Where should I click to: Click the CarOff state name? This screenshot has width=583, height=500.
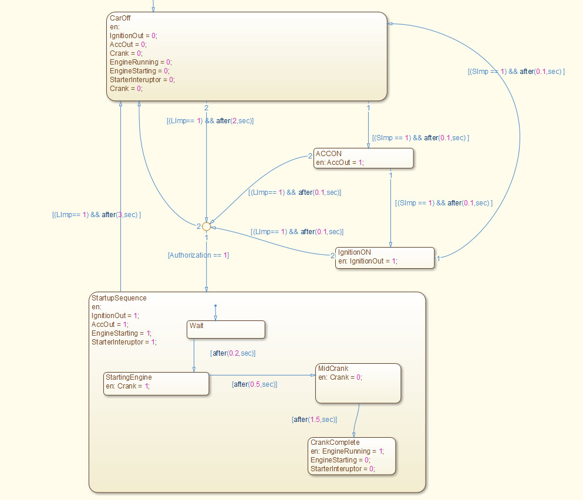click(120, 18)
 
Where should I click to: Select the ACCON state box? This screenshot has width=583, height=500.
click(363, 158)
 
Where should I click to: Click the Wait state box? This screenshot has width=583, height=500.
click(226, 329)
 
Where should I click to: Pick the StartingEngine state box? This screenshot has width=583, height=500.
click(156, 383)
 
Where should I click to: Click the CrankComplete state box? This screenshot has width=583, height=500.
click(351, 456)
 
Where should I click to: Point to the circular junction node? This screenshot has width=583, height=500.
click(206, 226)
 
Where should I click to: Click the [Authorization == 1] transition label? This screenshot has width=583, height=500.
click(198, 255)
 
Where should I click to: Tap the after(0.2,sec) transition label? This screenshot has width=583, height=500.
click(232, 353)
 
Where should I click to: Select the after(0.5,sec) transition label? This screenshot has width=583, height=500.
click(254, 384)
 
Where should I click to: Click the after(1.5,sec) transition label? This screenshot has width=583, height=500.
click(314, 420)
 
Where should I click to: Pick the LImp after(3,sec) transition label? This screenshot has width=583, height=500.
click(96, 215)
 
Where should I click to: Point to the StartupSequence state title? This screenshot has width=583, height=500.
click(119, 298)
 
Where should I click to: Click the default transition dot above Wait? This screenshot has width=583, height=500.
click(215, 306)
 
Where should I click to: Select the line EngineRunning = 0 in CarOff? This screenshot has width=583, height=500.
click(140, 62)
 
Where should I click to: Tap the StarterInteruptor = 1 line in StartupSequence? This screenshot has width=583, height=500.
click(124, 342)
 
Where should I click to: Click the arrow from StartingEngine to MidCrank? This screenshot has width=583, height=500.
click(261, 374)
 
